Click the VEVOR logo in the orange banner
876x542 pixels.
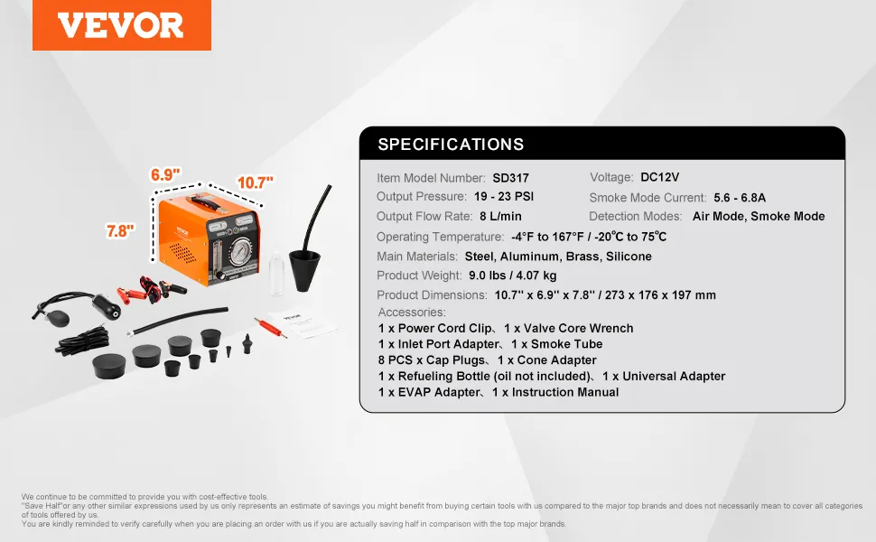(x=121, y=25)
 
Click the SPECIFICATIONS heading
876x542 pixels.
(x=451, y=145)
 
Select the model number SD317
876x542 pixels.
(x=510, y=178)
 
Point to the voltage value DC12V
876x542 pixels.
(x=660, y=177)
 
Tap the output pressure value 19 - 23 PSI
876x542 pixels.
(x=504, y=197)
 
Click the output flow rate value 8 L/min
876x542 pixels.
(x=500, y=216)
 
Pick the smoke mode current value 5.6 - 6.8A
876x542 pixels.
(x=740, y=198)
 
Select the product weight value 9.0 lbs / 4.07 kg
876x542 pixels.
(x=513, y=276)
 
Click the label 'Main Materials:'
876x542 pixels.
(x=417, y=257)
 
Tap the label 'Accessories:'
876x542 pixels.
(x=412, y=313)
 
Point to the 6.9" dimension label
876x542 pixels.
(x=165, y=175)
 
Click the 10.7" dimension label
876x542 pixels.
(x=256, y=182)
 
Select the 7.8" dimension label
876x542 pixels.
(x=120, y=230)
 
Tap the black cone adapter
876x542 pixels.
(x=304, y=270)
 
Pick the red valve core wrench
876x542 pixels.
(x=270, y=327)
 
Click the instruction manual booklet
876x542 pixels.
(x=303, y=323)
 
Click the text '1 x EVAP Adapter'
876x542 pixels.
(x=429, y=392)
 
